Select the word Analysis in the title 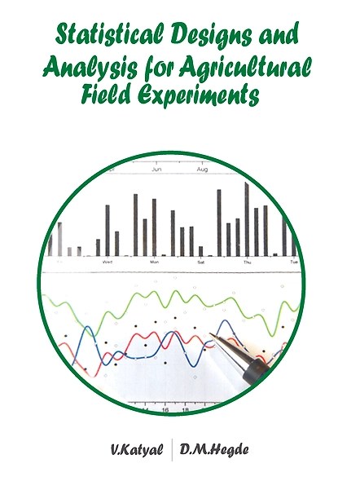(x=90, y=68)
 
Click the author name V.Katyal (x=137, y=450)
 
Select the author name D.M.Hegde (x=214, y=449)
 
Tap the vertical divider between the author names (x=172, y=450)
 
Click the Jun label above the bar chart (x=156, y=170)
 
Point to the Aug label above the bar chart (x=202, y=170)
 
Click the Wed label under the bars (x=107, y=262)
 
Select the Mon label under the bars (x=155, y=262)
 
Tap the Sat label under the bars (x=201, y=262)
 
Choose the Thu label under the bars (x=248, y=263)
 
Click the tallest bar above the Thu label (x=247, y=219)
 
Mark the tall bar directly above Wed (x=108, y=231)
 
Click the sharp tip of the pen (x=210, y=333)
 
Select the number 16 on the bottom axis (x=165, y=410)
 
